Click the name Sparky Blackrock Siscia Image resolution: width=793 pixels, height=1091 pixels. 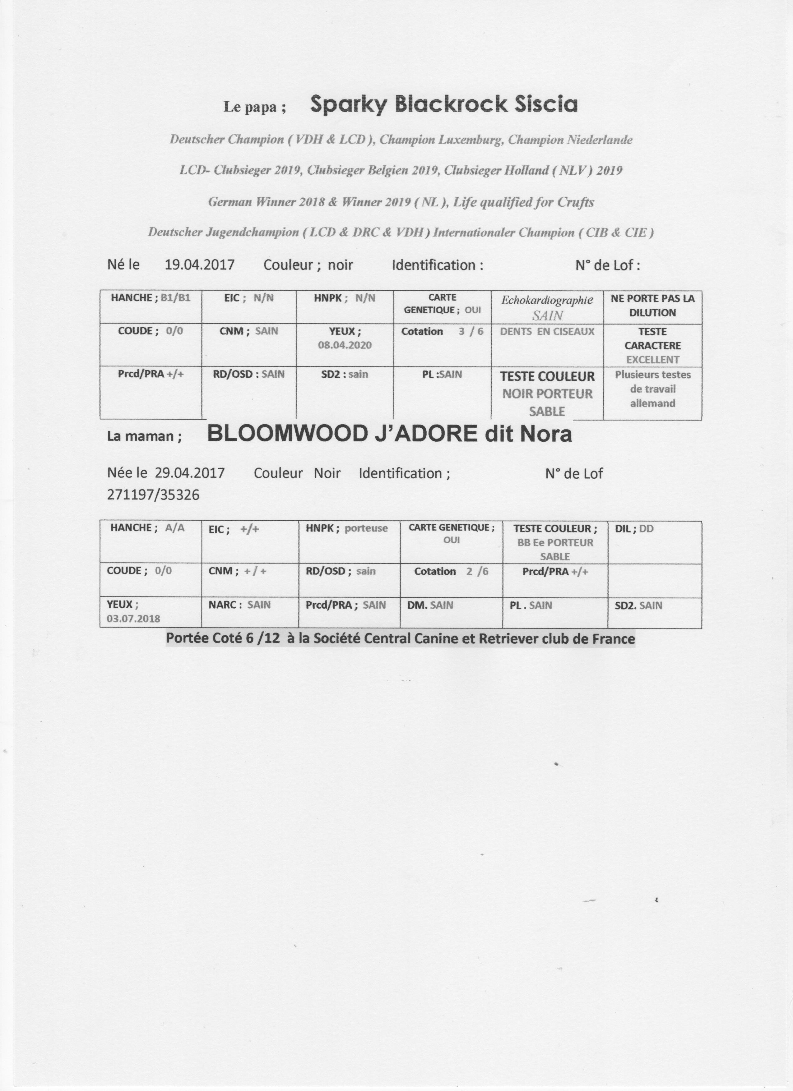tap(444, 104)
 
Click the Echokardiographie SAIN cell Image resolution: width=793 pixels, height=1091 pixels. tap(547, 307)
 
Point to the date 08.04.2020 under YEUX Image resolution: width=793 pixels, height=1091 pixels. tap(345, 345)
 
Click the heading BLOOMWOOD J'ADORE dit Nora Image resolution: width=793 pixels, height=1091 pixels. tap(389, 435)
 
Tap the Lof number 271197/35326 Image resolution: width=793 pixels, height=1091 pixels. tap(153, 495)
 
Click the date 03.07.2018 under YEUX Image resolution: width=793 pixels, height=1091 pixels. tap(133, 619)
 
